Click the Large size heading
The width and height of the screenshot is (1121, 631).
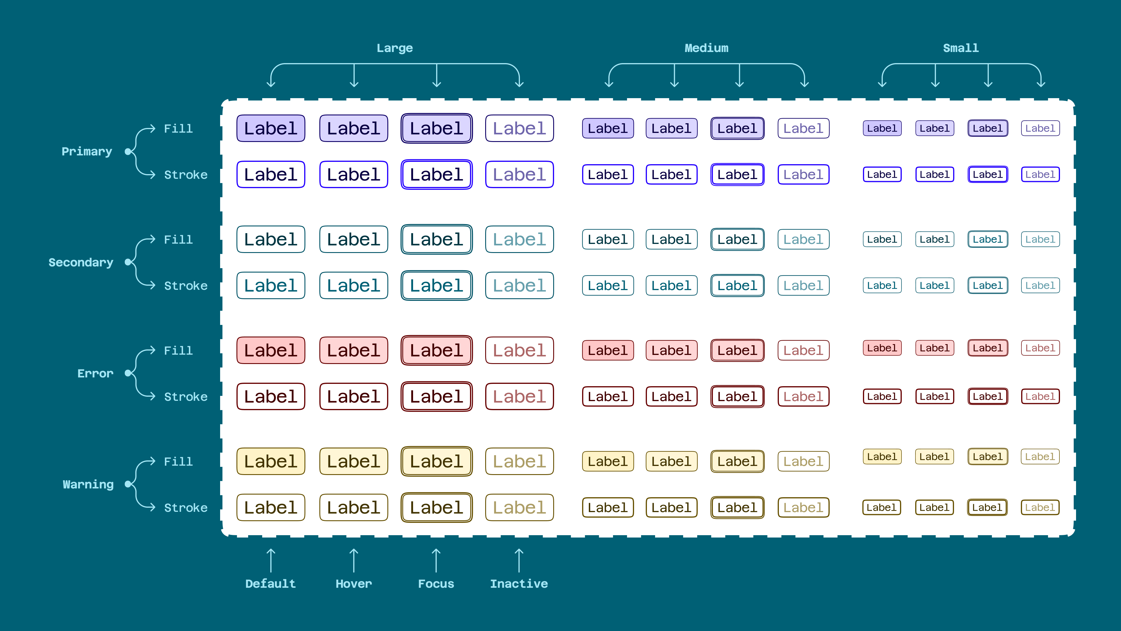pyautogui.click(x=394, y=48)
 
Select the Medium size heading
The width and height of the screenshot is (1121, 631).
pyautogui.click(x=706, y=48)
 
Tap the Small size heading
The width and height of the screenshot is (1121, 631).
pyautogui.click(x=961, y=48)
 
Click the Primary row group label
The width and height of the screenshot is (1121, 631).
pyautogui.click(x=87, y=152)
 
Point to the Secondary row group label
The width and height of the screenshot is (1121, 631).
pyautogui.click(x=81, y=263)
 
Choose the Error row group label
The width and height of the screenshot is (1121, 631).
pyautogui.click(x=95, y=374)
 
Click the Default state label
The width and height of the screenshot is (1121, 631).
pyautogui.click(x=270, y=584)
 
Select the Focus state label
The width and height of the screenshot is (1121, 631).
pyautogui.click(x=436, y=584)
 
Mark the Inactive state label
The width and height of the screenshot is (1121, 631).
pyautogui.click(x=519, y=584)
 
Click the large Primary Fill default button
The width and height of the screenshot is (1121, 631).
pyautogui.click(x=271, y=129)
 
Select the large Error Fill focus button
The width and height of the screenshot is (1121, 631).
pyautogui.click(x=436, y=351)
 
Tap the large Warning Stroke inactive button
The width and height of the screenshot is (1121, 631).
pyautogui.click(x=519, y=508)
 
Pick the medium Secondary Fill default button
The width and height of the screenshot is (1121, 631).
pyautogui.click(x=608, y=240)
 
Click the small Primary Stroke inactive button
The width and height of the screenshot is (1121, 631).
pyautogui.click(x=1040, y=175)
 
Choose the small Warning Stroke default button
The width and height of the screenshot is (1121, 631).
pyautogui.click(x=881, y=508)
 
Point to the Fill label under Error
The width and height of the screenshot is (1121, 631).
pyautogui.click(x=178, y=351)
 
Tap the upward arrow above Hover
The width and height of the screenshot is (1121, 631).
pyautogui.click(x=354, y=561)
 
